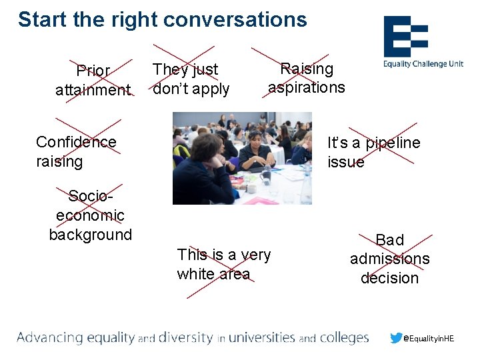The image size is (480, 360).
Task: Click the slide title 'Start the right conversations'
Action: (x=162, y=19)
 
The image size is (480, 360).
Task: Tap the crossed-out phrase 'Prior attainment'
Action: (x=93, y=80)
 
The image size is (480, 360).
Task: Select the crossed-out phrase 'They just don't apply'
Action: (x=191, y=79)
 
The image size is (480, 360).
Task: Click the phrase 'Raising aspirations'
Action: (x=307, y=78)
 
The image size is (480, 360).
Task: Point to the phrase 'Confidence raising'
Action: (x=76, y=151)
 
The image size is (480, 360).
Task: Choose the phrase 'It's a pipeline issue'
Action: (x=373, y=152)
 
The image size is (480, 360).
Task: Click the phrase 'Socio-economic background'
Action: (x=91, y=215)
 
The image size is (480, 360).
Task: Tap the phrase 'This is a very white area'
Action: (x=223, y=264)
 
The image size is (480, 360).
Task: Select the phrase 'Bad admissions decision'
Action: (x=390, y=259)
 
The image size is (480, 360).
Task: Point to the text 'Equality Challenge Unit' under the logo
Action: (x=423, y=65)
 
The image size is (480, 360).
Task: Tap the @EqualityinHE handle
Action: (x=429, y=339)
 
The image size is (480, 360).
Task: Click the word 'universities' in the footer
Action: (x=261, y=337)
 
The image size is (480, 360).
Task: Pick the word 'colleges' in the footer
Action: (x=344, y=337)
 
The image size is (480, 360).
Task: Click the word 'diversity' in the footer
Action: (x=186, y=337)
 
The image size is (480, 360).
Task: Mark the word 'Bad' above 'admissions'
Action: (x=390, y=239)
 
